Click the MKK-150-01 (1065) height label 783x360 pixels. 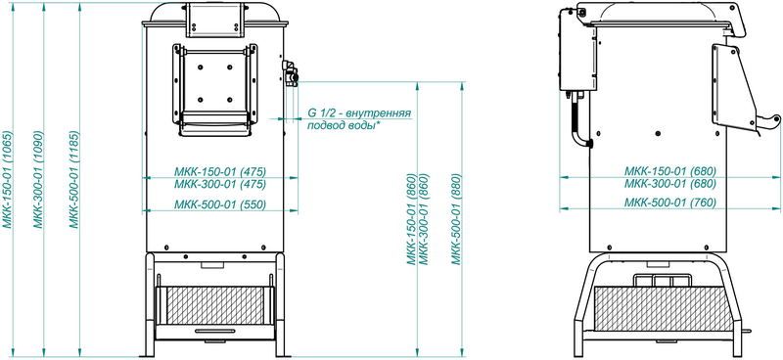click(7, 180)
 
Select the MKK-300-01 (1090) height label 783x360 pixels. click(38, 180)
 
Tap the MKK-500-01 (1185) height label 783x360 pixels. click(74, 180)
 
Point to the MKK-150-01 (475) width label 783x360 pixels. click(219, 171)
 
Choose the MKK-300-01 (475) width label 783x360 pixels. click(219, 184)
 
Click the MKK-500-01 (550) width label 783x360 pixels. click(219, 204)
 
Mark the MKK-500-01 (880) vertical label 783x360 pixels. click(456, 219)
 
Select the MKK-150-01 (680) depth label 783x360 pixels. click(670, 170)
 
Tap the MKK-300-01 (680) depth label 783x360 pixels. click(670, 183)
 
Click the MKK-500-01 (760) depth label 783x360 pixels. click(670, 202)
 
